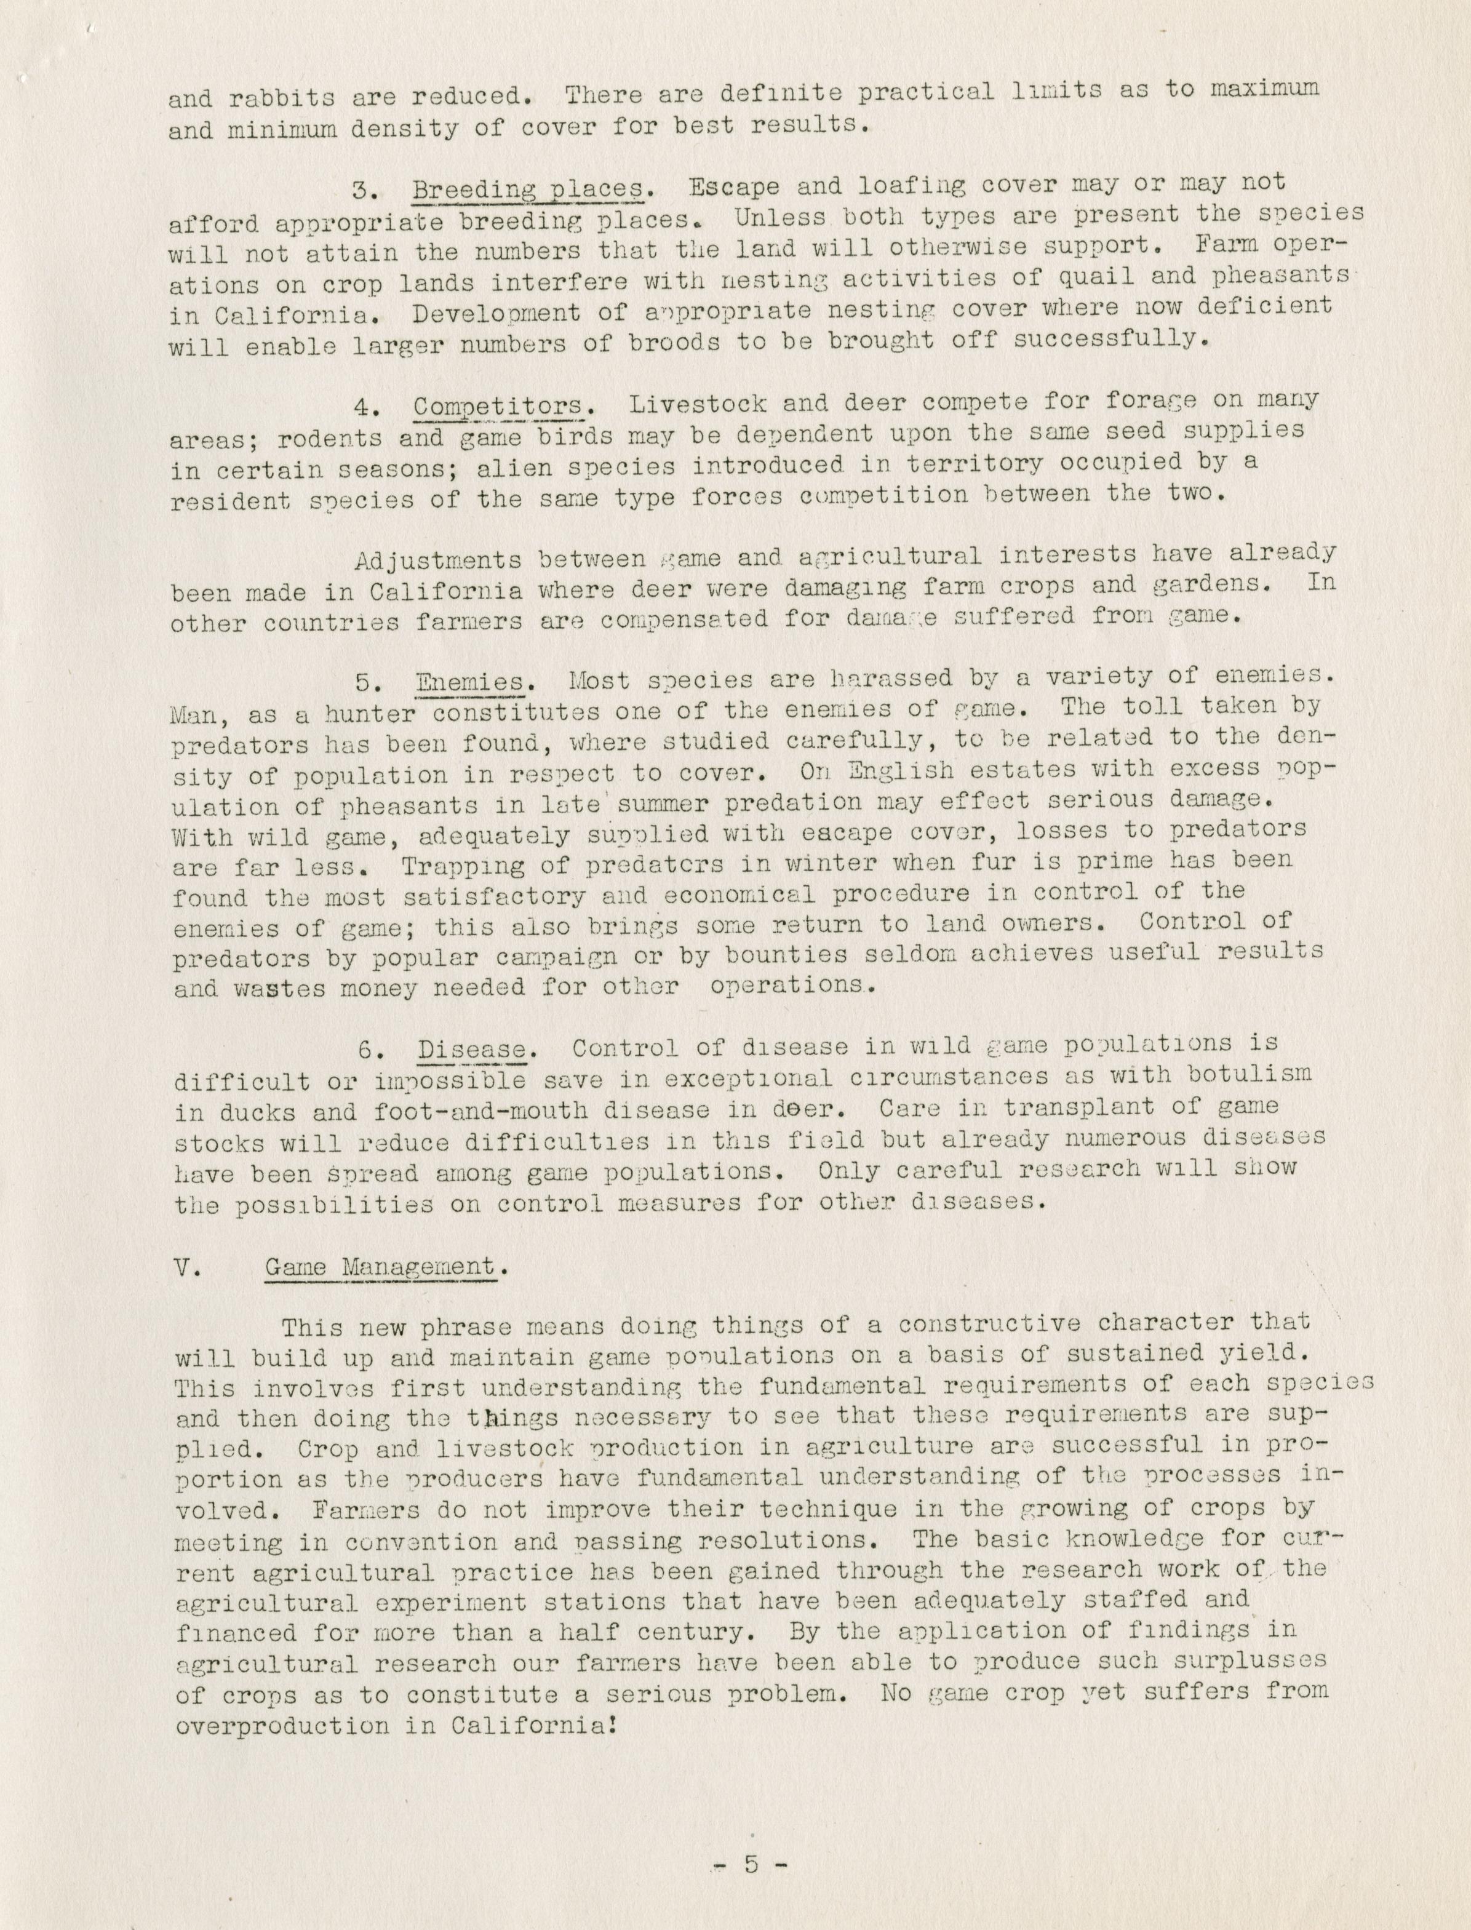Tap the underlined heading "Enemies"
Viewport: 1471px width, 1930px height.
(x=470, y=683)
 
